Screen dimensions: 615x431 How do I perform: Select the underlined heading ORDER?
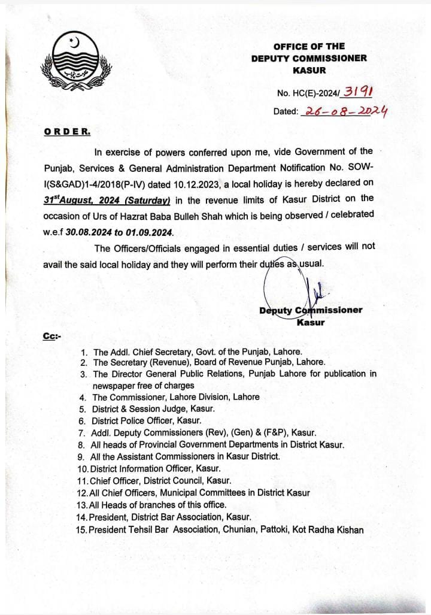coord(67,131)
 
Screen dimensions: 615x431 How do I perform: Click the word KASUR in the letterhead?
coord(310,70)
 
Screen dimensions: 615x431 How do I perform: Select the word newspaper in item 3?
coord(114,386)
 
